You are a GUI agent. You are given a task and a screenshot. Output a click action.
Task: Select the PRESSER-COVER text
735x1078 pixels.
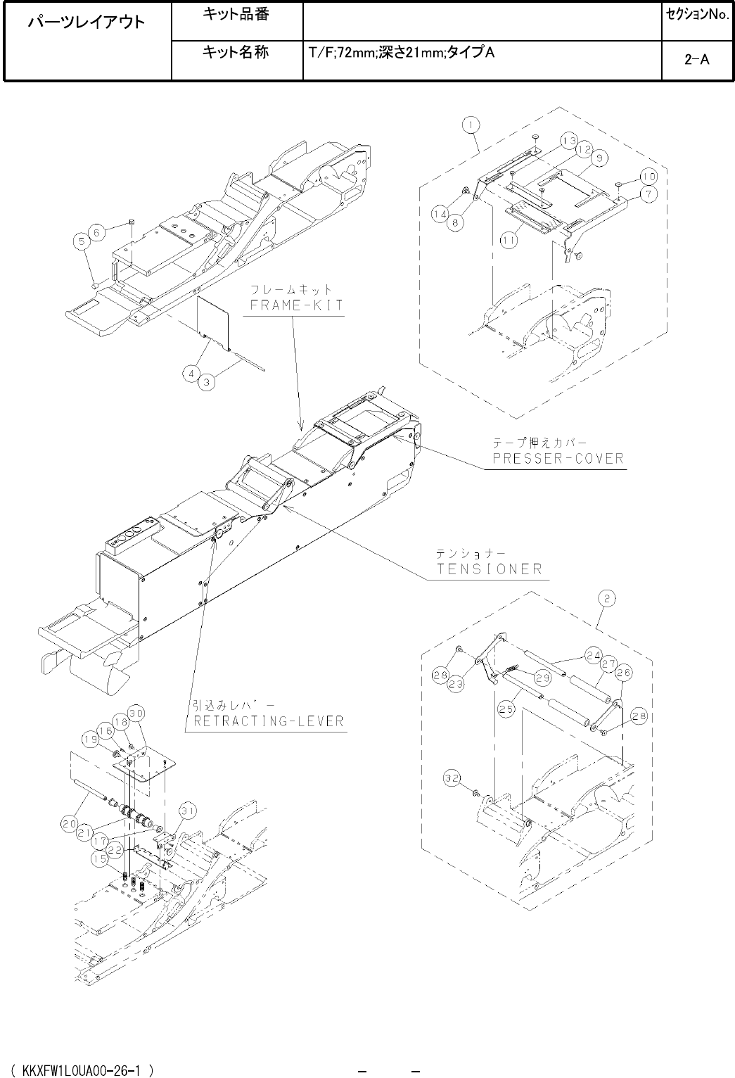[x=557, y=459]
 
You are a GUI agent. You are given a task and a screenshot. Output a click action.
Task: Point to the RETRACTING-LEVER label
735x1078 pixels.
[x=268, y=721]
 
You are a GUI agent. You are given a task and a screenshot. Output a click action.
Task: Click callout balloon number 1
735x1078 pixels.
[x=471, y=125]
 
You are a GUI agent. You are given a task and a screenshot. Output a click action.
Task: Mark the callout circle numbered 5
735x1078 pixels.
[x=83, y=241]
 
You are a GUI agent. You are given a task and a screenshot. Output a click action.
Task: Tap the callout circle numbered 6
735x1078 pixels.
[x=98, y=230]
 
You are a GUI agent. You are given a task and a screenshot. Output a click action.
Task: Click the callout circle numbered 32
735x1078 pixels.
[x=452, y=778]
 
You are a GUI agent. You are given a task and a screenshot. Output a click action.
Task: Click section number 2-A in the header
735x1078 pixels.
[x=696, y=61]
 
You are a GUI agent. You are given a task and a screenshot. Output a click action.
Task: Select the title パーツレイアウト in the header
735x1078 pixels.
[x=87, y=23]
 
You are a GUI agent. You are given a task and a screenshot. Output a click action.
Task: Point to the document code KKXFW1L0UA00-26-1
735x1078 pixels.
[x=84, y=1070]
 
